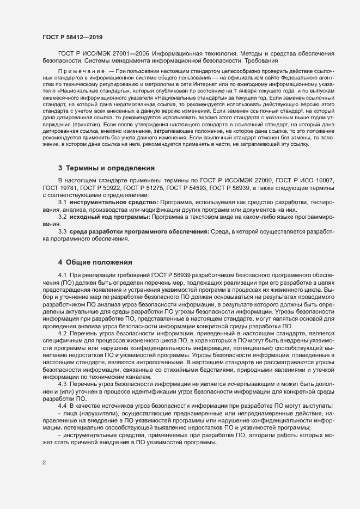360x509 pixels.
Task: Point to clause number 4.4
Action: pos(62,407)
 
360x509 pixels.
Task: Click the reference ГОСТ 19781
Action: pos(58,203)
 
